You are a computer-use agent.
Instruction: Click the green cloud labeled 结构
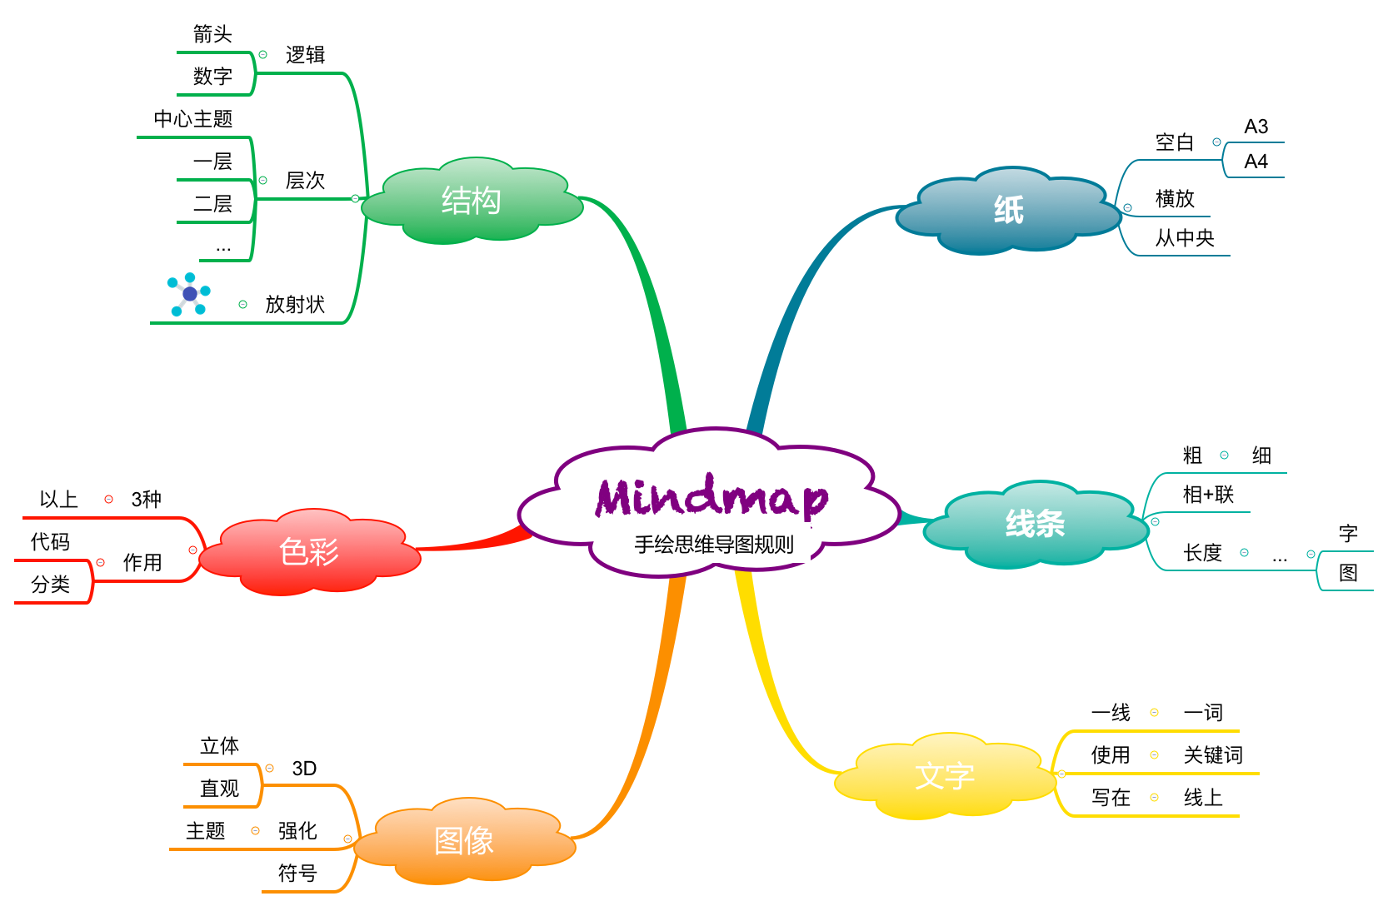(472, 201)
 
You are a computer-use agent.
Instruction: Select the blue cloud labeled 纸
(1008, 210)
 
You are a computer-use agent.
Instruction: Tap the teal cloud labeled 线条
(1035, 524)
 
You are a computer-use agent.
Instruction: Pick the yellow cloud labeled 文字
(945, 776)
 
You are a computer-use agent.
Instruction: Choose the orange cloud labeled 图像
(464, 840)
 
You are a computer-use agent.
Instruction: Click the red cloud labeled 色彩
(309, 551)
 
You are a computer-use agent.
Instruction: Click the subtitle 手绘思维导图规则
(714, 545)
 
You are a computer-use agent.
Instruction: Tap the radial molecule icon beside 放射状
(189, 294)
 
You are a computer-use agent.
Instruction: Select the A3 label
(1256, 127)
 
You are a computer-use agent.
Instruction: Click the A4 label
(1256, 162)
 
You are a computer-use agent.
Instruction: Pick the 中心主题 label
(192, 119)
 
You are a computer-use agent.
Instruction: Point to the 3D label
(304, 769)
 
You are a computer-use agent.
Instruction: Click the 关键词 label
(1213, 755)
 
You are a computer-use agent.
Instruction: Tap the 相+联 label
(1208, 495)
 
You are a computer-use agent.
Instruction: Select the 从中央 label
(1185, 239)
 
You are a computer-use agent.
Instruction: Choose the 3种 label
(146, 500)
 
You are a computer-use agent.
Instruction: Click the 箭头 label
(212, 34)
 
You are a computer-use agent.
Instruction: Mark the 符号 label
(297, 874)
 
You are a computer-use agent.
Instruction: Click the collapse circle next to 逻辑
(263, 55)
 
